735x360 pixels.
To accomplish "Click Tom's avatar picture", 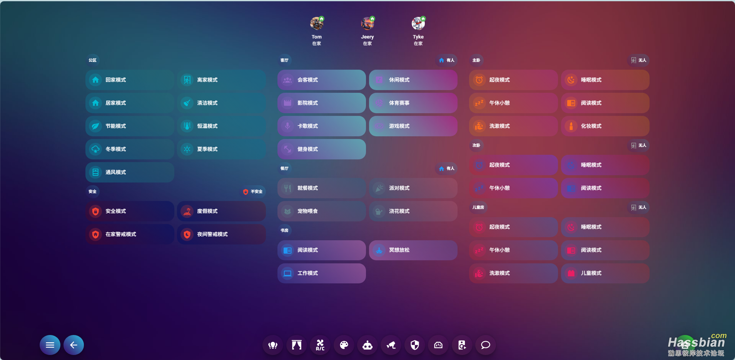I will pos(316,23).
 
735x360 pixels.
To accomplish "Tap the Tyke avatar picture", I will pos(418,23).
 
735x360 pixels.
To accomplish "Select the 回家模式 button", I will pos(130,80).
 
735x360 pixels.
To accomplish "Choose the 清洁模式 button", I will pos(221,103).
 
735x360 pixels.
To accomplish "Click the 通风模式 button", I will pos(130,172).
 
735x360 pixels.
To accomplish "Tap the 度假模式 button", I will pos(221,211).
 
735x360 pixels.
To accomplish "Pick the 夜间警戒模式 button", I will pos(221,234).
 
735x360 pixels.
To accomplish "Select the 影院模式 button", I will pos(321,103).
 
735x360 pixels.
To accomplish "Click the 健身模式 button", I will pos(321,149).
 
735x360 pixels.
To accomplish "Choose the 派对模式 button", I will pos(413,188).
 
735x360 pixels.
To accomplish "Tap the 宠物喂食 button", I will pos(321,211).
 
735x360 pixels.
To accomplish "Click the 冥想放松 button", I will pos(413,250).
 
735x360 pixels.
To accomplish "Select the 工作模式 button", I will pos(321,273).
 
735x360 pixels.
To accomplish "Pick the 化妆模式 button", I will pos(605,126).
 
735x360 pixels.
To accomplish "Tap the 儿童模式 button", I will pos(605,273).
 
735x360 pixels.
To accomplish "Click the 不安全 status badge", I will pos(253,192).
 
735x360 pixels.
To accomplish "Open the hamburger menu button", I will pos(50,345).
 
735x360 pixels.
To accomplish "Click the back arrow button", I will pos(74,345).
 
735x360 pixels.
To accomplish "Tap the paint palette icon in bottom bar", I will pos(344,345).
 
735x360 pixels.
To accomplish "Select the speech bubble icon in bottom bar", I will pos(486,345).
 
